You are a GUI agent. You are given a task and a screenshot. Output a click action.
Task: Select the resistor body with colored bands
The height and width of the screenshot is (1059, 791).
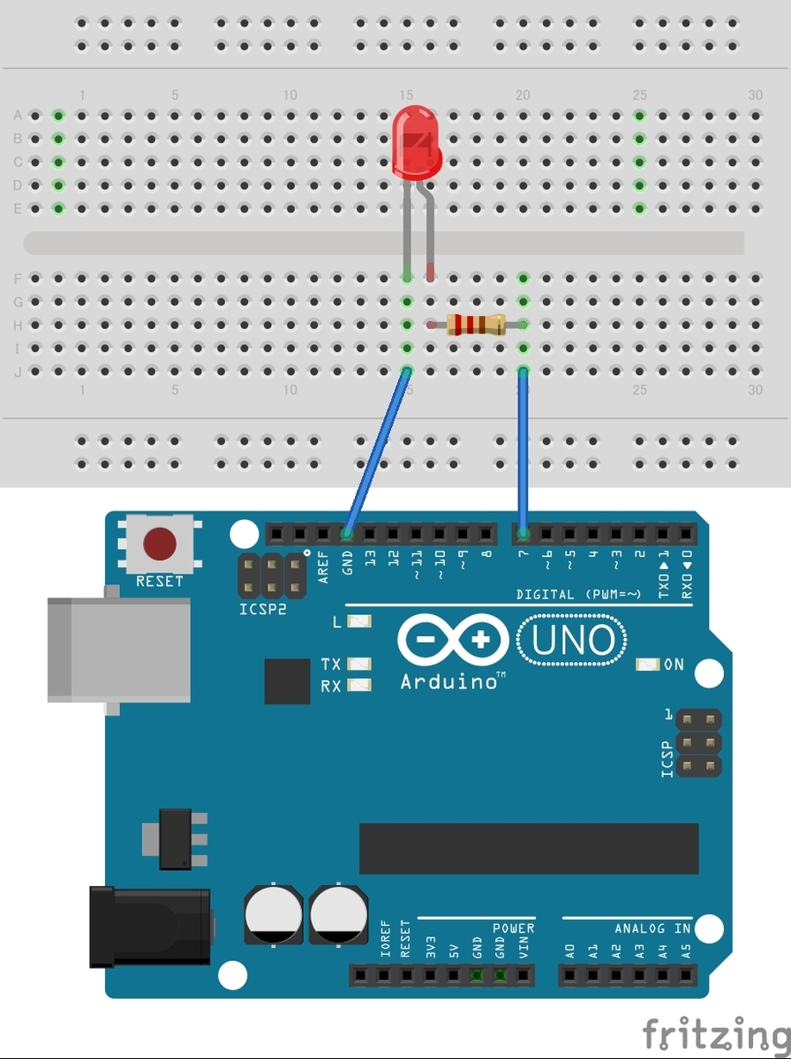[x=477, y=325]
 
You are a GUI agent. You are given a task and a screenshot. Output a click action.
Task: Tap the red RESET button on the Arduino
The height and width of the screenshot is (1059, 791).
[x=159, y=544]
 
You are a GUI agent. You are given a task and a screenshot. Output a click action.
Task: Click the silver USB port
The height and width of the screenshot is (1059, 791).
[x=118, y=650]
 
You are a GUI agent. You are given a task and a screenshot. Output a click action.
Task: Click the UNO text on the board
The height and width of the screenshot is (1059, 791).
[x=573, y=640]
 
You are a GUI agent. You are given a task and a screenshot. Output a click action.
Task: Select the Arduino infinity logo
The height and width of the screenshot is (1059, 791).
[x=453, y=640]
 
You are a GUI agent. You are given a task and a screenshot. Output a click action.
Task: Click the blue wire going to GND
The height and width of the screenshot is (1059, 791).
[x=377, y=453]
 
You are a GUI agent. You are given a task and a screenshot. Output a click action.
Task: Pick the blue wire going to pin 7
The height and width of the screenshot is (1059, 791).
[x=524, y=453]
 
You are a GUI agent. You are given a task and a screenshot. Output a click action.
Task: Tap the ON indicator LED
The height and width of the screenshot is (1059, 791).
[x=647, y=665]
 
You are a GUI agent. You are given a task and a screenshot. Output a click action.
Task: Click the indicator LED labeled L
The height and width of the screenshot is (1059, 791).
[x=359, y=621]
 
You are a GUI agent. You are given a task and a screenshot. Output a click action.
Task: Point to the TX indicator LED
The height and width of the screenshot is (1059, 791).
[x=359, y=664]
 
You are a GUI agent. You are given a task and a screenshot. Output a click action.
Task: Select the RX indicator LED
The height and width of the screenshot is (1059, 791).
[x=359, y=685]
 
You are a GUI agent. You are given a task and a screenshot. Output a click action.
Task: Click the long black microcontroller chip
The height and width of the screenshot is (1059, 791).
[x=529, y=849]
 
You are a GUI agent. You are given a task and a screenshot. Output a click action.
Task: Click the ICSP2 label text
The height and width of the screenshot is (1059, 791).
[x=263, y=609]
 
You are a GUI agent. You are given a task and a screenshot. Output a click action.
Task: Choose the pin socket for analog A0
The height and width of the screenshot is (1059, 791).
[x=569, y=975]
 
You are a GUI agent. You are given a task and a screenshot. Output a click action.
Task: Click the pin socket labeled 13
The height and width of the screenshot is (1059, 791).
[x=370, y=534]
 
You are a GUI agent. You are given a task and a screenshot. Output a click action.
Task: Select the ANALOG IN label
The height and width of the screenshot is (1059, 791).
[x=652, y=928]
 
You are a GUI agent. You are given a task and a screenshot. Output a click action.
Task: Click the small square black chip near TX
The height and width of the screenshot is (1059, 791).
[x=287, y=681]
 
